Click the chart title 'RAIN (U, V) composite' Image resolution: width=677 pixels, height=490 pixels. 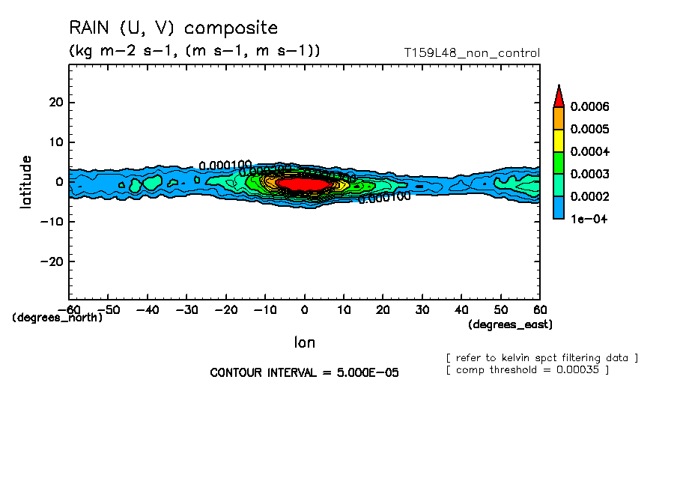[173, 28]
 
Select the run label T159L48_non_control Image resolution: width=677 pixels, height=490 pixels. [471, 53]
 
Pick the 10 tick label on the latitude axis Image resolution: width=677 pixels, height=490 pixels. [55, 142]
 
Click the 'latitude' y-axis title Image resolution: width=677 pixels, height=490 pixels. [27, 181]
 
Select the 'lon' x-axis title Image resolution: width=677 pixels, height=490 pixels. [304, 342]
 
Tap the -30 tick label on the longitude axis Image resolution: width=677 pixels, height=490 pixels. [186, 309]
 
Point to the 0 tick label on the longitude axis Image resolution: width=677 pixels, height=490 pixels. [304, 309]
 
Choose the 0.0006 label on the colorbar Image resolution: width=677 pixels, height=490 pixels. [589, 107]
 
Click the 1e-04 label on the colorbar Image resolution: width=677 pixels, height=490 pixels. [587, 220]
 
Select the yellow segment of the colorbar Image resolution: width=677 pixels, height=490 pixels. [558, 140]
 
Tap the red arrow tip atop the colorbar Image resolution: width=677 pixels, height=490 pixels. [558, 96]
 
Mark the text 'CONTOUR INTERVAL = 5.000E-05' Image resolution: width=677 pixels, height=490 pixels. [304, 372]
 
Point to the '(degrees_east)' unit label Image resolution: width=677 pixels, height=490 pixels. [510, 324]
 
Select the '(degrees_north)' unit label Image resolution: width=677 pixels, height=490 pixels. [57, 317]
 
